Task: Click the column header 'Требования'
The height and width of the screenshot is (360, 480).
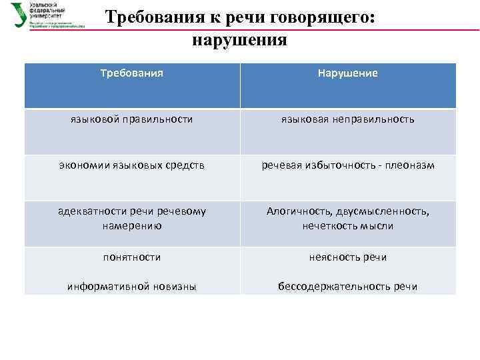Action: click(x=132, y=73)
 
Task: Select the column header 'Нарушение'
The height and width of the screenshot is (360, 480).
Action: click(x=347, y=73)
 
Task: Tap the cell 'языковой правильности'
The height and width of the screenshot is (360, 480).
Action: click(x=132, y=119)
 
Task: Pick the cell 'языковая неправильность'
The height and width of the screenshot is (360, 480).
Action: click(x=347, y=119)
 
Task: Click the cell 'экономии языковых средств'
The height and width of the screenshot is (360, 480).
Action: click(x=132, y=165)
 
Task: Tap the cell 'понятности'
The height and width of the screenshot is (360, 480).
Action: click(x=132, y=257)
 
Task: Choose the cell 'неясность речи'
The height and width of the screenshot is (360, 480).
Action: click(x=347, y=257)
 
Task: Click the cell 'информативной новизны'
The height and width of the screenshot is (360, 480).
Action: click(x=132, y=287)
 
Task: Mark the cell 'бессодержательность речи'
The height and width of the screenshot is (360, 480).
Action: click(x=347, y=287)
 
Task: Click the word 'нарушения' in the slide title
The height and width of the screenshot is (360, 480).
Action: click(x=239, y=40)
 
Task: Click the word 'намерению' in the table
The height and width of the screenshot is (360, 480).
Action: click(x=132, y=226)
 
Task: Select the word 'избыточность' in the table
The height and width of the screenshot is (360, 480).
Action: click(x=339, y=165)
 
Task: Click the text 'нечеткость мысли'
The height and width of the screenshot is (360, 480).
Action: click(x=347, y=226)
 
